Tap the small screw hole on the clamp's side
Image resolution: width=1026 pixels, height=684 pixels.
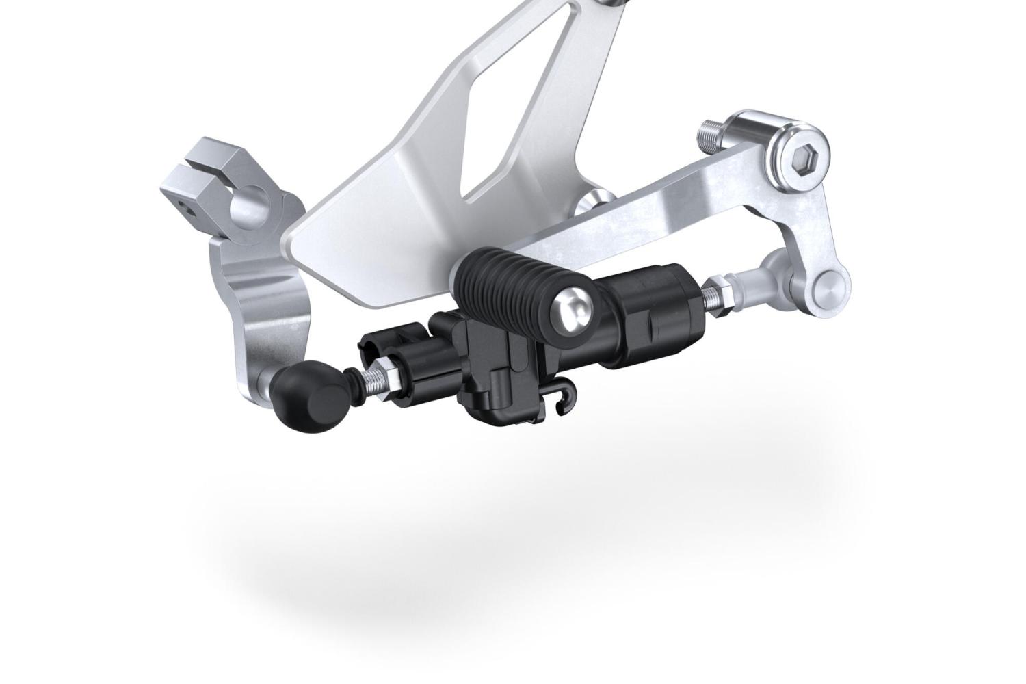pyautogui.click(x=181, y=205)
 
